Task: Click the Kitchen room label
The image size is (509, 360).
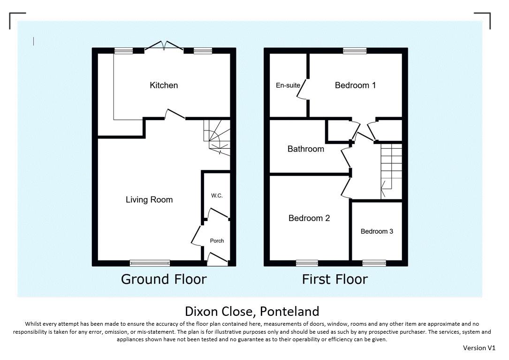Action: [164, 85]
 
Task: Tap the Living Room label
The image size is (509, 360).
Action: [149, 199]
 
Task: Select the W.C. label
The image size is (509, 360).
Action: [217, 196]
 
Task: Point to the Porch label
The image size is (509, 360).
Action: [217, 241]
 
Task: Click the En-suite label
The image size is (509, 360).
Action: [288, 85]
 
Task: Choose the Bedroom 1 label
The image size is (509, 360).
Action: [355, 85]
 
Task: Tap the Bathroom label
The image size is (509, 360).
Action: [306, 149]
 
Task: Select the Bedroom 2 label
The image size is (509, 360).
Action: [309, 218]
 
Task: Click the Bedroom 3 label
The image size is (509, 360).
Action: [377, 231]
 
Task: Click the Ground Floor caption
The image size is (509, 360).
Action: [164, 279]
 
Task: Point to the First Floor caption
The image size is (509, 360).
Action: [334, 279]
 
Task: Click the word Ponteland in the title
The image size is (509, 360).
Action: [289, 311]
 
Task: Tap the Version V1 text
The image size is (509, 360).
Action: [479, 348]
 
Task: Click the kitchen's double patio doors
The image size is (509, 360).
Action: [164, 46]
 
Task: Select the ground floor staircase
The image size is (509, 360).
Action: [217, 137]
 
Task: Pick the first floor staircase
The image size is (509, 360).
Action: [391, 171]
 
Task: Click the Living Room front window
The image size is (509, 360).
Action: [150, 263]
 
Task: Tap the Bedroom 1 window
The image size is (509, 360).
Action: [355, 50]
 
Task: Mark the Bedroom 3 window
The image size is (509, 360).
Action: [374, 263]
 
